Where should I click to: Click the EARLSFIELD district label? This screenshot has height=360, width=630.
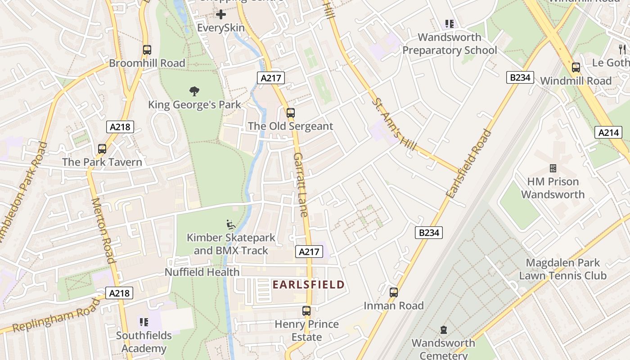[308, 284]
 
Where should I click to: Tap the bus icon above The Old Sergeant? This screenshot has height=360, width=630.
[291, 113]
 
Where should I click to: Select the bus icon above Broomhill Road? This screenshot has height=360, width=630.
[147, 50]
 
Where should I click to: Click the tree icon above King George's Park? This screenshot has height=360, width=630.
[194, 91]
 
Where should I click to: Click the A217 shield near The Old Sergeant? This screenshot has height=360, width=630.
[271, 78]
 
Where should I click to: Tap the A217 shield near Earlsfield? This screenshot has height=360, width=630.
[310, 252]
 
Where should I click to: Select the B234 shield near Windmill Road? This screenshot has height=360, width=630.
[520, 77]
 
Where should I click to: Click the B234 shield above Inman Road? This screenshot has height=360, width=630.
[428, 233]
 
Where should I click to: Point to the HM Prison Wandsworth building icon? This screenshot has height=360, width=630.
[553, 168]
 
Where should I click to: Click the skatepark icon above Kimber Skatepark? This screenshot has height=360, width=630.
[230, 224]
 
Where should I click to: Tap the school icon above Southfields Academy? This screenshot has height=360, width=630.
[144, 322]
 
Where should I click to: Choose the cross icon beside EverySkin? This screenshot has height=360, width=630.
[221, 14]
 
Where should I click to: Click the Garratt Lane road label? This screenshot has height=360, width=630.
[301, 184]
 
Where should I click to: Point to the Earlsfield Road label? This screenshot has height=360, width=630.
[469, 164]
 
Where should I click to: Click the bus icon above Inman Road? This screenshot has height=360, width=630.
[394, 292]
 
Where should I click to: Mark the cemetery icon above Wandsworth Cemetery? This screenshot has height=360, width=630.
[444, 330]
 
